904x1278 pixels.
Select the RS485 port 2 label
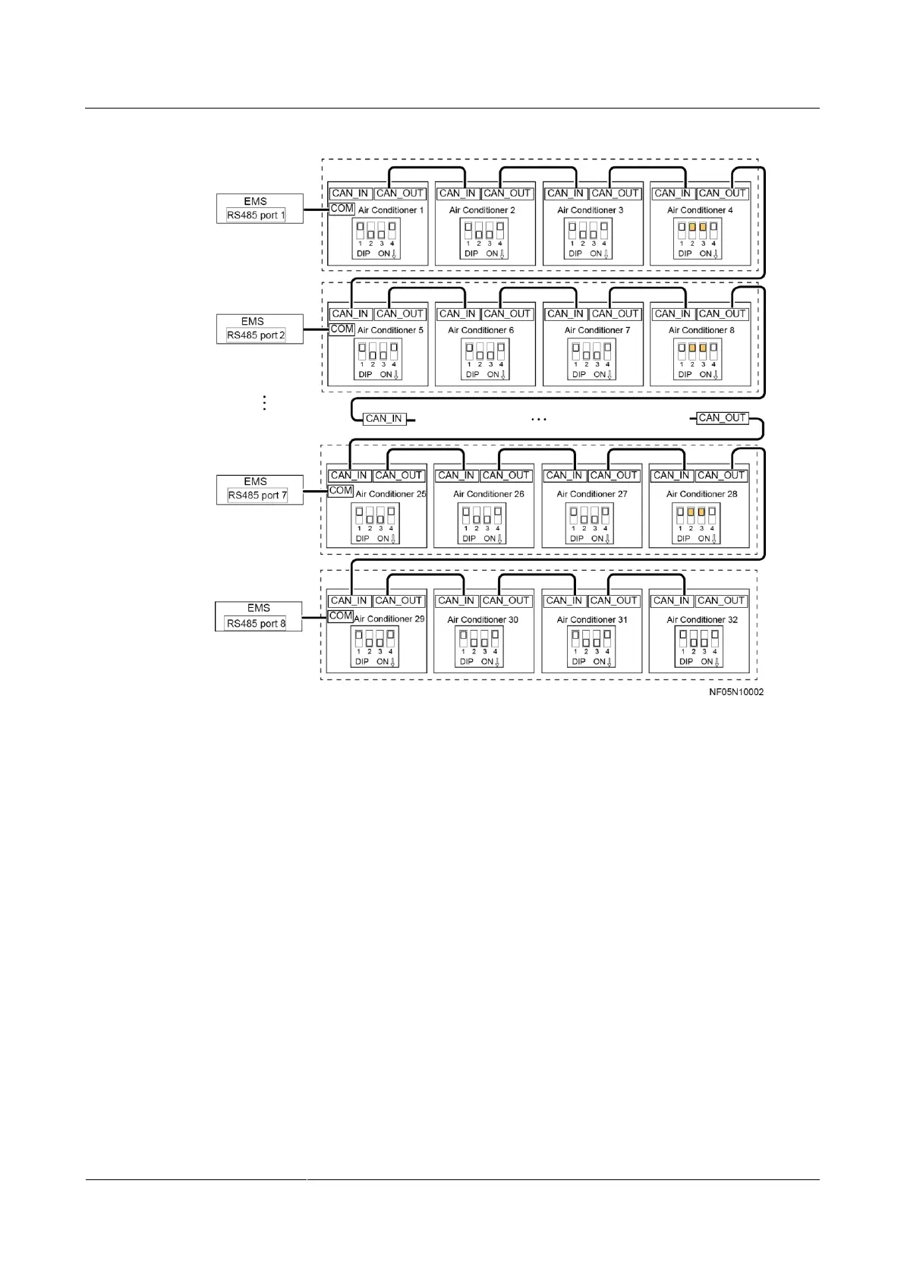(x=256, y=335)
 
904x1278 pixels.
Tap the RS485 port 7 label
(x=257, y=496)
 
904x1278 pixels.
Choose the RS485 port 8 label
(x=257, y=624)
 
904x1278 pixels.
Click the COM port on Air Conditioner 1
(x=342, y=209)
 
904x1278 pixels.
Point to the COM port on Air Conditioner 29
(x=340, y=616)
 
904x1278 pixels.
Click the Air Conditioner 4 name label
(x=700, y=210)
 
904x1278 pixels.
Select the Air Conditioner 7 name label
(x=597, y=330)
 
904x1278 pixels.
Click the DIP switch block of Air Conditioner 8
(x=698, y=359)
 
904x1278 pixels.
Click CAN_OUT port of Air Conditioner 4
(x=723, y=194)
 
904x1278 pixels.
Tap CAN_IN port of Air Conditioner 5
(x=350, y=314)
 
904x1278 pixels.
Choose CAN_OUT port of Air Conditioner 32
(x=722, y=601)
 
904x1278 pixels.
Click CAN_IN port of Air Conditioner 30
(x=456, y=601)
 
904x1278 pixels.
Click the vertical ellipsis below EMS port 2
(x=265, y=403)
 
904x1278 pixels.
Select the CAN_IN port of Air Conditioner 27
(x=564, y=476)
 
